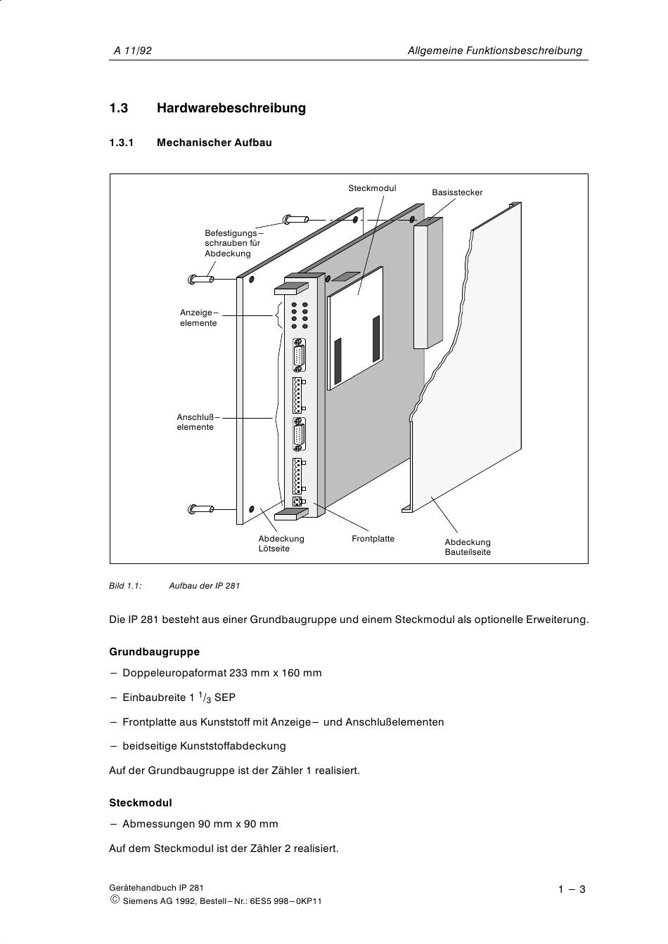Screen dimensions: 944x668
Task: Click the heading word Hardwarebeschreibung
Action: [x=231, y=108]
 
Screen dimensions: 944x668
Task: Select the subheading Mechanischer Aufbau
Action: [x=214, y=143]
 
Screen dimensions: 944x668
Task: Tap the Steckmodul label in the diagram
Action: [x=372, y=188]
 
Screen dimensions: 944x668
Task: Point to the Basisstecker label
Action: [x=457, y=192]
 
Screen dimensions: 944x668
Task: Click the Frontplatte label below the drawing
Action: [x=373, y=539]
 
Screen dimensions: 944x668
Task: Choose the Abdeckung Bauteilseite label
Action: [x=468, y=547]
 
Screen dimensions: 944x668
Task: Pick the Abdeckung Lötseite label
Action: [x=281, y=544]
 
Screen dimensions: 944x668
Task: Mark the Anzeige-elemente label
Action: [x=198, y=317]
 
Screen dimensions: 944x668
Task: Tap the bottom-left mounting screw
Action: [x=201, y=509]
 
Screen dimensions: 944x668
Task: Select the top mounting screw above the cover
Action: [x=295, y=219]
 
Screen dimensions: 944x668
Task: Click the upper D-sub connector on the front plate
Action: [x=300, y=356]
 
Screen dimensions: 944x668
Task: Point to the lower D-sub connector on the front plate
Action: [x=300, y=435]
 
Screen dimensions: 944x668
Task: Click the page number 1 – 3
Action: [x=572, y=889]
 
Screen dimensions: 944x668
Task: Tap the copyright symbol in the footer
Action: [x=115, y=900]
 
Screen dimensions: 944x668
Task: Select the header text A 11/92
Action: [x=133, y=51]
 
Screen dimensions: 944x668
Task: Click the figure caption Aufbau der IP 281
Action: [x=204, y=585]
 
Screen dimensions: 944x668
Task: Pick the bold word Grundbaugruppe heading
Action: [x=154, y=652]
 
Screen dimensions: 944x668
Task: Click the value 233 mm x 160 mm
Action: [x=276, y=673]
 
